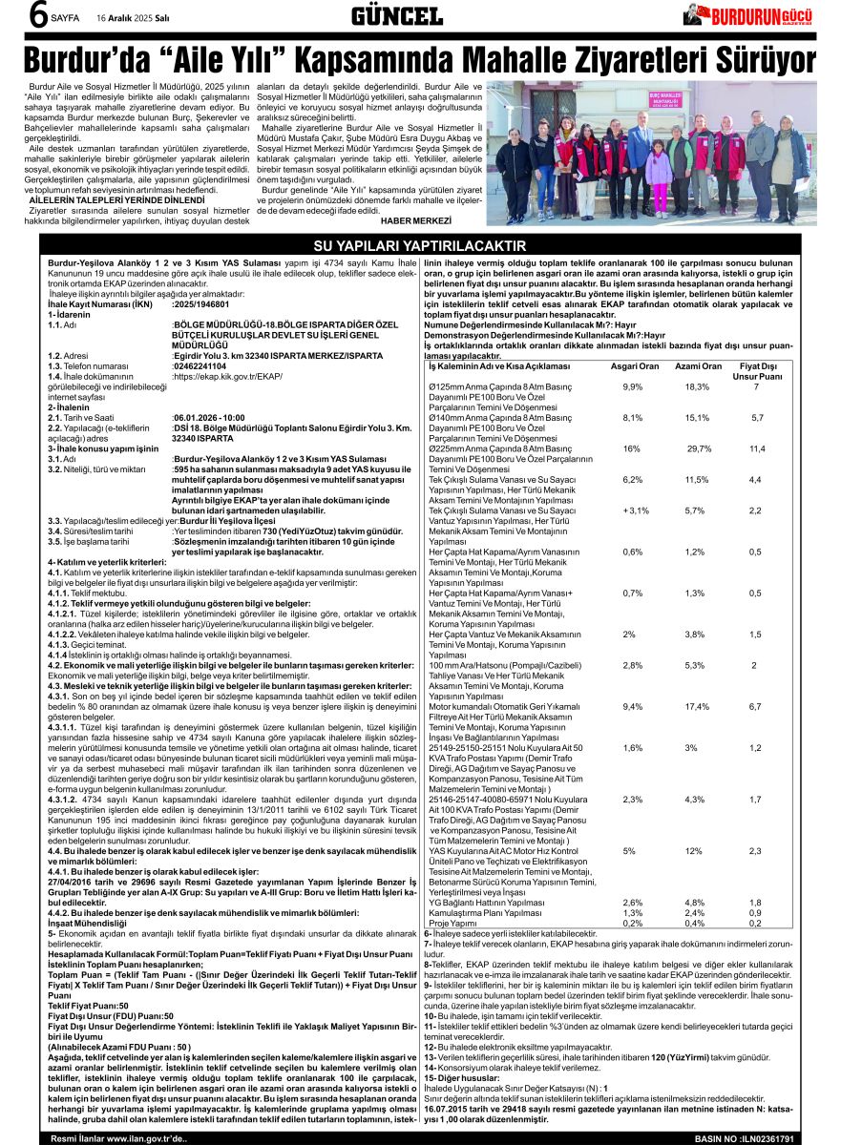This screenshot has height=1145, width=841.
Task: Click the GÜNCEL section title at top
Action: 396,16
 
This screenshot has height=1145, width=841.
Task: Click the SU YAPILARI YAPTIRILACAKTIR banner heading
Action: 420,246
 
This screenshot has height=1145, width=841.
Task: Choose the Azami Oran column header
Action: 698,367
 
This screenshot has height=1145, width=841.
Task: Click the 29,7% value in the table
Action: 699,448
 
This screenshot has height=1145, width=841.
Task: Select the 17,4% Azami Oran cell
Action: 697,707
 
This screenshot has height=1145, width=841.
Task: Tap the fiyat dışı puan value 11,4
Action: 756,448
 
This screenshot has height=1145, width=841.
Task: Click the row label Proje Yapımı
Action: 452,923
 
